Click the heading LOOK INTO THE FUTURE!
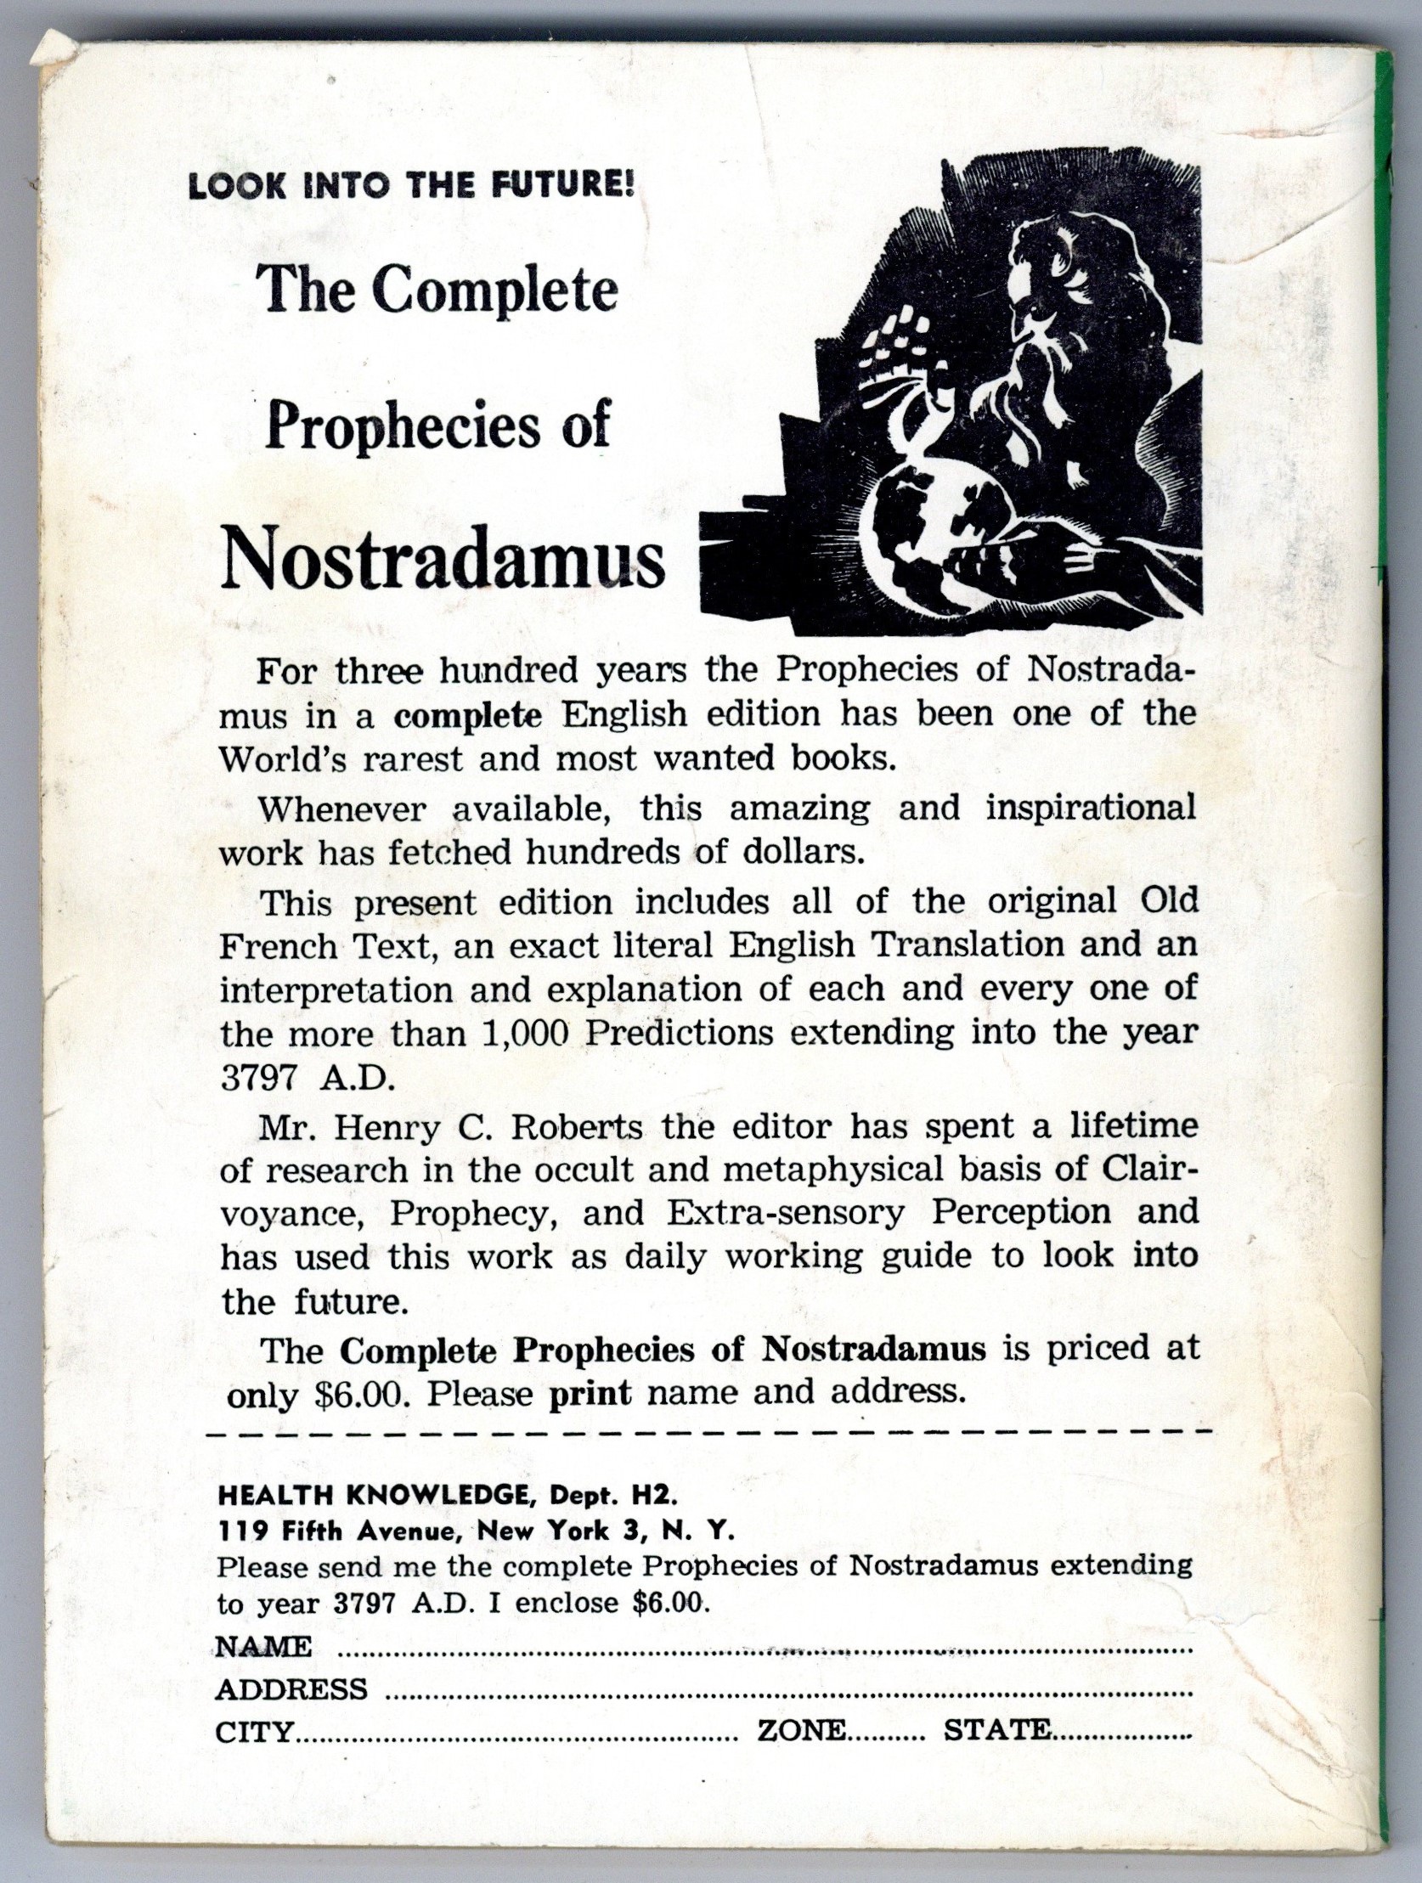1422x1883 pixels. click(411, 186)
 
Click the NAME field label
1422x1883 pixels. click(264, 1646)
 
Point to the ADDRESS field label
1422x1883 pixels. click(292, 1688)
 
